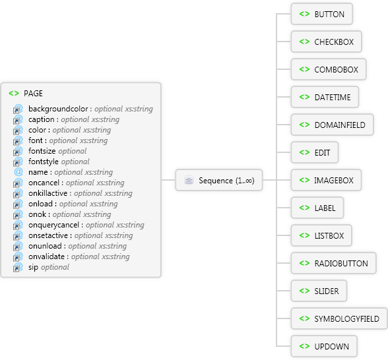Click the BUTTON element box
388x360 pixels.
[322, 14]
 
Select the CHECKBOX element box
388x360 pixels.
[327, 42]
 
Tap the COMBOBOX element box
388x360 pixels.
[329, 69]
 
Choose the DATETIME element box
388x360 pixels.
[325, 97]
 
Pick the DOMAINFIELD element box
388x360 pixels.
[332, 125]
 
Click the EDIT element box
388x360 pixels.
[315, 152]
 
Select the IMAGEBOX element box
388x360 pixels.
[326, 180]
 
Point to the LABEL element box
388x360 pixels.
[317, 208]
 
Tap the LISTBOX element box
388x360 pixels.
[321, 235]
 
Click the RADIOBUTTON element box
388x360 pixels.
[334, 263]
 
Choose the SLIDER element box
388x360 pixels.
[319, 291]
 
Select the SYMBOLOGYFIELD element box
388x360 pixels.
[339, 318]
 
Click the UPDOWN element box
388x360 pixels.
[324, 346]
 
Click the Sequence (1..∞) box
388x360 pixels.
[219, 180]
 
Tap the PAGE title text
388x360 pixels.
[33, 94]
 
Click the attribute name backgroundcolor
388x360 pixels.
[58, 109]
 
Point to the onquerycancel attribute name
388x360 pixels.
[53, 225]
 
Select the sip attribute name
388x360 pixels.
[33, 267]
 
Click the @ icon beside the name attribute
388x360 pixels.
[18, 172]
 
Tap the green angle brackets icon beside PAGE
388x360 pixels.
[14, 94]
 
